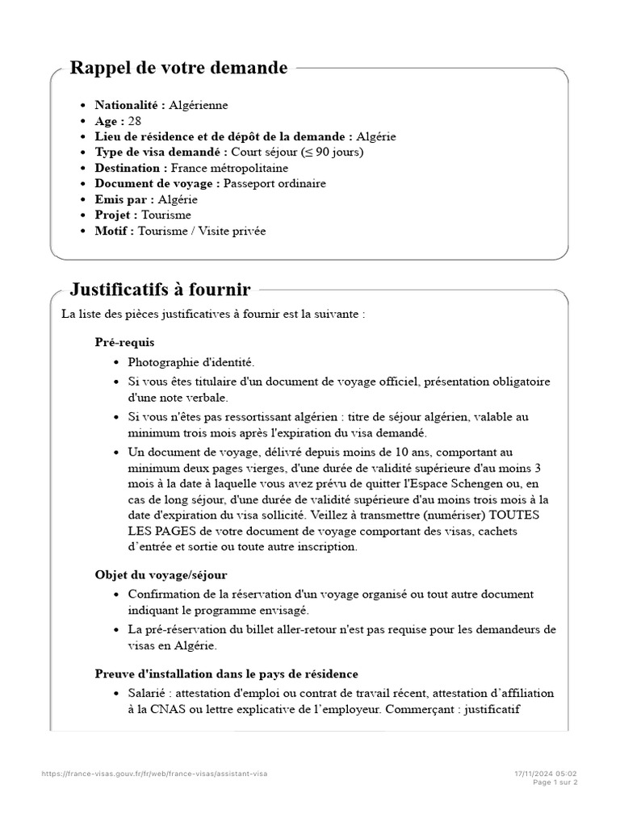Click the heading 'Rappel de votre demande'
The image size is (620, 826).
point(178,68)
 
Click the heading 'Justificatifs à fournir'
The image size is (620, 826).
point(160,289)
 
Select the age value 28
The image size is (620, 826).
point(135,120)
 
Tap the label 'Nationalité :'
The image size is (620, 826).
point(130,105)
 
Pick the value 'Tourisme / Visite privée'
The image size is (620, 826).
point(201,231)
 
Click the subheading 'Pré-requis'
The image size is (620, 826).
point(124,342)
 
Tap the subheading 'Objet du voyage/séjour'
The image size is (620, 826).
point(161,574)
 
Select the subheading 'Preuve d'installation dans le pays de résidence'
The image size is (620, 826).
point(226,673)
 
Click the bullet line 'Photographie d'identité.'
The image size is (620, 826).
point(191,362)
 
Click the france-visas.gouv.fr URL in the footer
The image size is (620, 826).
point(154,773)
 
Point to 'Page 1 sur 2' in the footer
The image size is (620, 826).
point(555,782)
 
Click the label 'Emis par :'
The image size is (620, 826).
point(124,199)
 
